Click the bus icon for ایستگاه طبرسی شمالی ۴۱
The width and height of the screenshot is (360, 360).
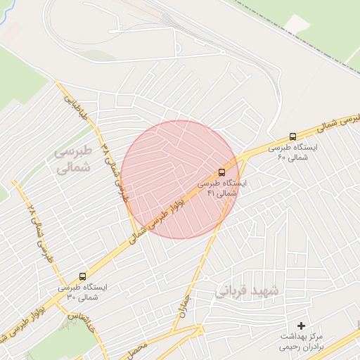[x=222, y=172]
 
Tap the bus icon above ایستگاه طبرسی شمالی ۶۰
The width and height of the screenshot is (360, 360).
[x=292, y=136]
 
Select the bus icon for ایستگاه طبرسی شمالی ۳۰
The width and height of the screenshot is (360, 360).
[x=83, y=276]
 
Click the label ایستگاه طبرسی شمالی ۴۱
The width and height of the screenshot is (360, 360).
[x=222, y=188]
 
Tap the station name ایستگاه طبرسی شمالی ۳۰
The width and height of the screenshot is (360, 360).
[x=83, y=292]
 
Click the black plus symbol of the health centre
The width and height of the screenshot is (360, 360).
[x=302, y=326]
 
